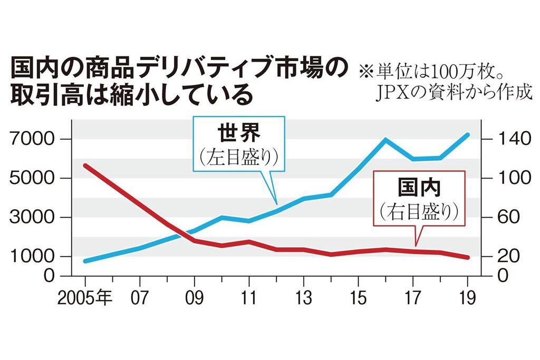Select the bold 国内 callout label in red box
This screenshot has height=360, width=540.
coord(419,187)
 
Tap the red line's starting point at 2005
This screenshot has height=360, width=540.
coord(86,166)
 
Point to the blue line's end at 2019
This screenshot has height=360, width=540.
coord(467,135)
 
